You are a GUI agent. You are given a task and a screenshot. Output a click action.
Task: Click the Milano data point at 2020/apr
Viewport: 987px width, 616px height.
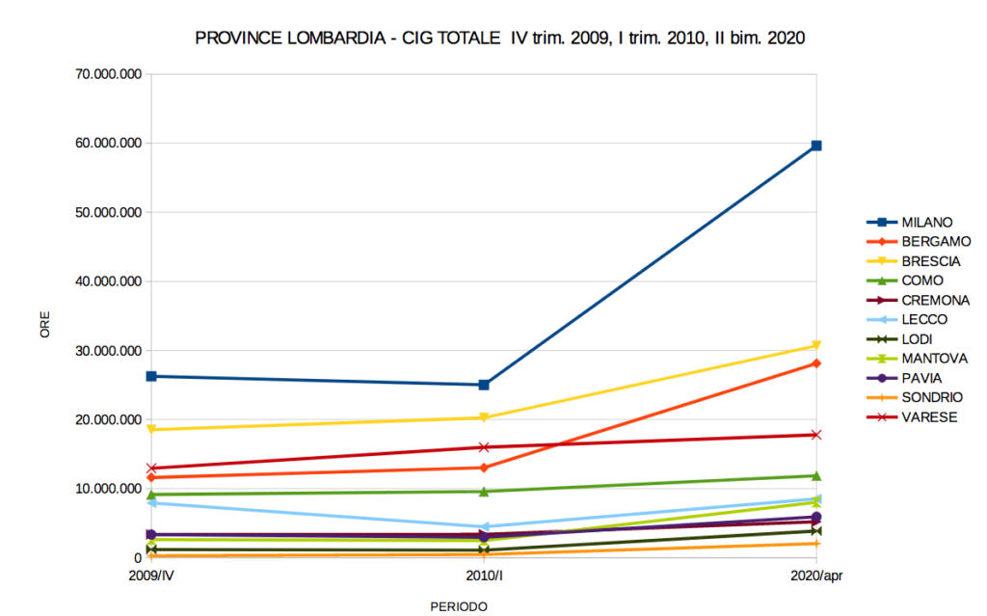tap(816, 146)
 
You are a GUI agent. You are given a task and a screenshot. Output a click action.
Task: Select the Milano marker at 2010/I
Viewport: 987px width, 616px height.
tap(484, 385)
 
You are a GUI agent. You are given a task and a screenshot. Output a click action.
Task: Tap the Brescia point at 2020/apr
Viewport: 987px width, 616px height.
tap(816, 345)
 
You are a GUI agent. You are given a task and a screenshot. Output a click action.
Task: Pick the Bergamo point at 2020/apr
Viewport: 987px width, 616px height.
tap(816, 363)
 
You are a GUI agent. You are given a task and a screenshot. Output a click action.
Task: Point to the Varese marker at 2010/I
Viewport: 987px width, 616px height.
tap(484, 447)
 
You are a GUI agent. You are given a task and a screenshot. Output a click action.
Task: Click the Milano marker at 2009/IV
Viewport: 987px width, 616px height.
tap(151, 376)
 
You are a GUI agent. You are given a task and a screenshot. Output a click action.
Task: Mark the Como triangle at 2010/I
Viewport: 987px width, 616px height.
tap(484, 492)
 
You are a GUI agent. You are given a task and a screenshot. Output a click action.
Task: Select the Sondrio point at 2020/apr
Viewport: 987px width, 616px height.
tap(816, 544)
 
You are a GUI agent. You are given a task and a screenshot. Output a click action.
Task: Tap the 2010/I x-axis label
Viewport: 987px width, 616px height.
tap(484, 576)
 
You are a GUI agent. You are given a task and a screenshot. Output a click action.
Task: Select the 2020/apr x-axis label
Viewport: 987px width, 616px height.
tap(816, 576)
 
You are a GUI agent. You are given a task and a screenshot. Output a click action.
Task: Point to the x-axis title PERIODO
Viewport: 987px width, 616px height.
tap(459, 606)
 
